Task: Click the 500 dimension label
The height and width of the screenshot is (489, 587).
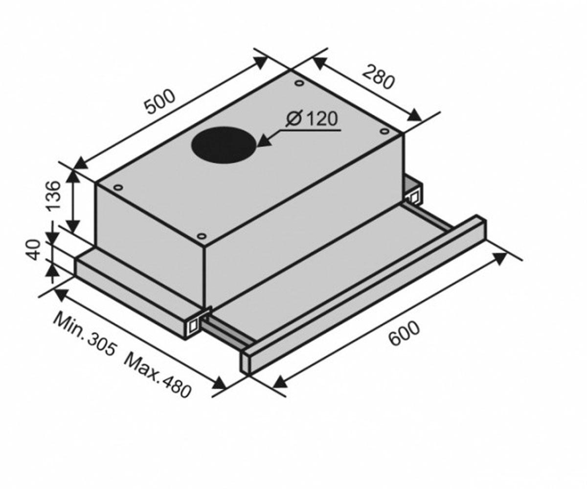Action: [x=159, y=102]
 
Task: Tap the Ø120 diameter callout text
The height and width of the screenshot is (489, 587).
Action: [x=312, y=119]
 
